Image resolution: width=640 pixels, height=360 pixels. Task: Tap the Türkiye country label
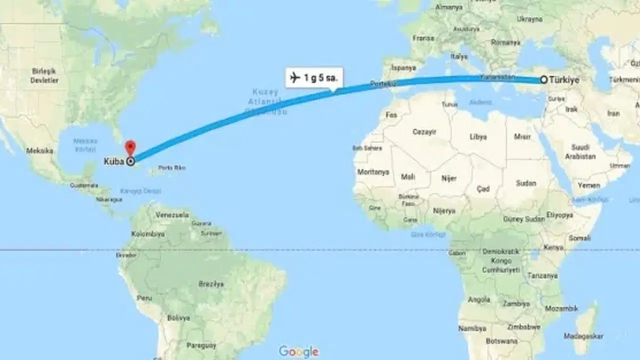564,80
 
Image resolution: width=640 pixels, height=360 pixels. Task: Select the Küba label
114,161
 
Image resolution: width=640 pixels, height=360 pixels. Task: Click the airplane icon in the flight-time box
295,78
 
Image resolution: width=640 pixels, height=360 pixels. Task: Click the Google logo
298,351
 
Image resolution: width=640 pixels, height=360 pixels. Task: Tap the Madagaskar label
583,336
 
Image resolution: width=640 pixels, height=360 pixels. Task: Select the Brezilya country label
211,283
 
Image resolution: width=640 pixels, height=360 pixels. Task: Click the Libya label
478,136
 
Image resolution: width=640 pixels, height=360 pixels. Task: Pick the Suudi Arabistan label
580,152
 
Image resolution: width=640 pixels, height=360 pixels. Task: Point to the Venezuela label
172,215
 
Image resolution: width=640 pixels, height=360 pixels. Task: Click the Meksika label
39,150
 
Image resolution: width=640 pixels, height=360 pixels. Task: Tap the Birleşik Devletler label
44,75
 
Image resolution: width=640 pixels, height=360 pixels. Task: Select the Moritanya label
373,171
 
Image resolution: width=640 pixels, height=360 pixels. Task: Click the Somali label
579,238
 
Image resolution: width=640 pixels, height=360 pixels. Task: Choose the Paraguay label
201,345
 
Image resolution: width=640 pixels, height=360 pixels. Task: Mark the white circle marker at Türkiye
543,80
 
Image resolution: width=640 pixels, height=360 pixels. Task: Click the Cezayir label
424,132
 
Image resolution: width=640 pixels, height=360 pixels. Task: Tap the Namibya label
472,328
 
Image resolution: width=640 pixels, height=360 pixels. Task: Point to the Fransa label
423,38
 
